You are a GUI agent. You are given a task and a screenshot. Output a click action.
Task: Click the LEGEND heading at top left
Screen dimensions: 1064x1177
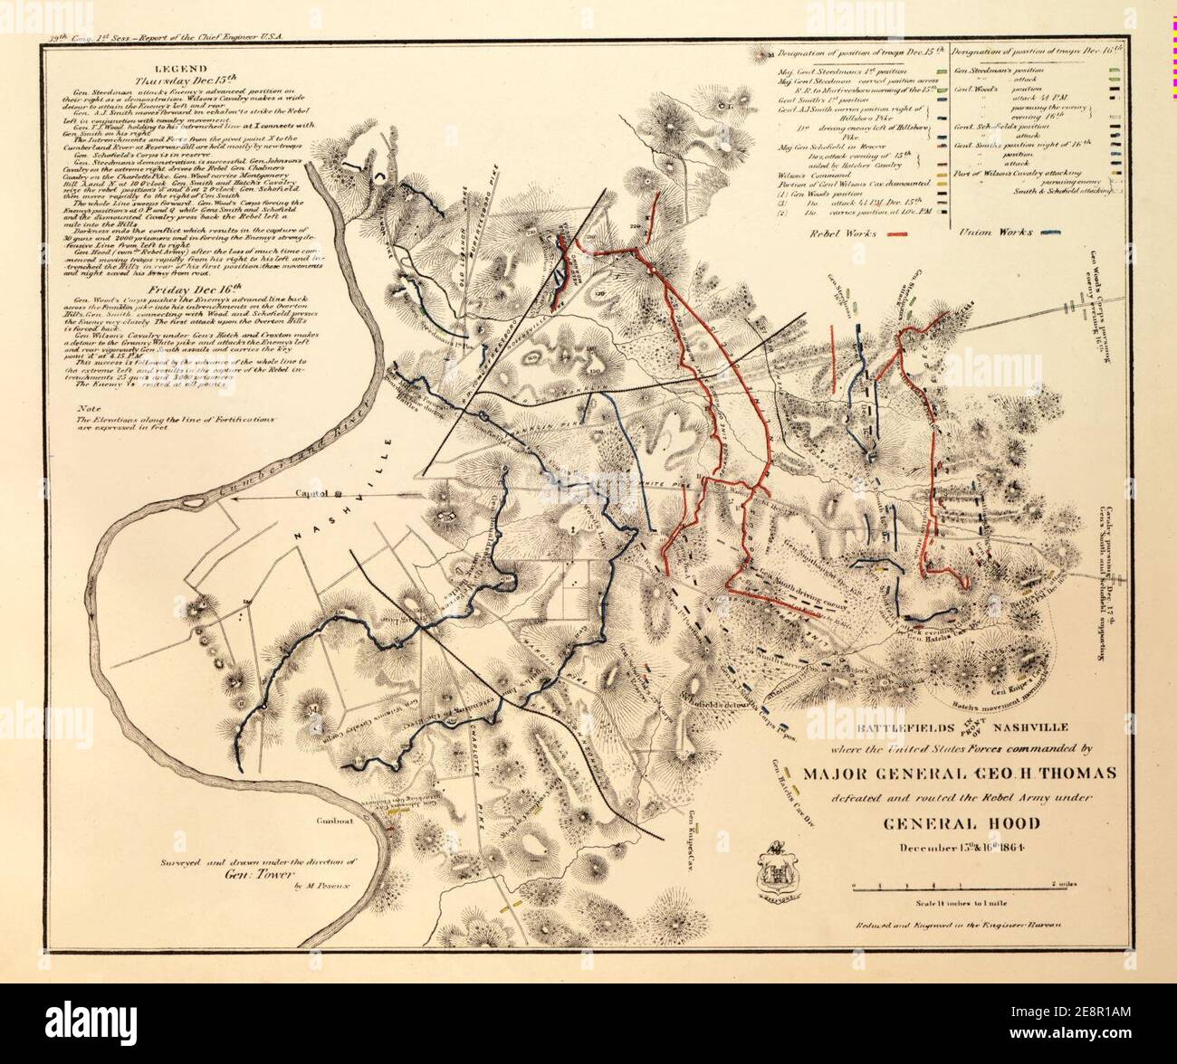click(181, 68)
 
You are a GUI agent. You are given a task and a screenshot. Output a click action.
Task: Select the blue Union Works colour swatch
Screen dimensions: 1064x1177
click(1052, 233)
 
